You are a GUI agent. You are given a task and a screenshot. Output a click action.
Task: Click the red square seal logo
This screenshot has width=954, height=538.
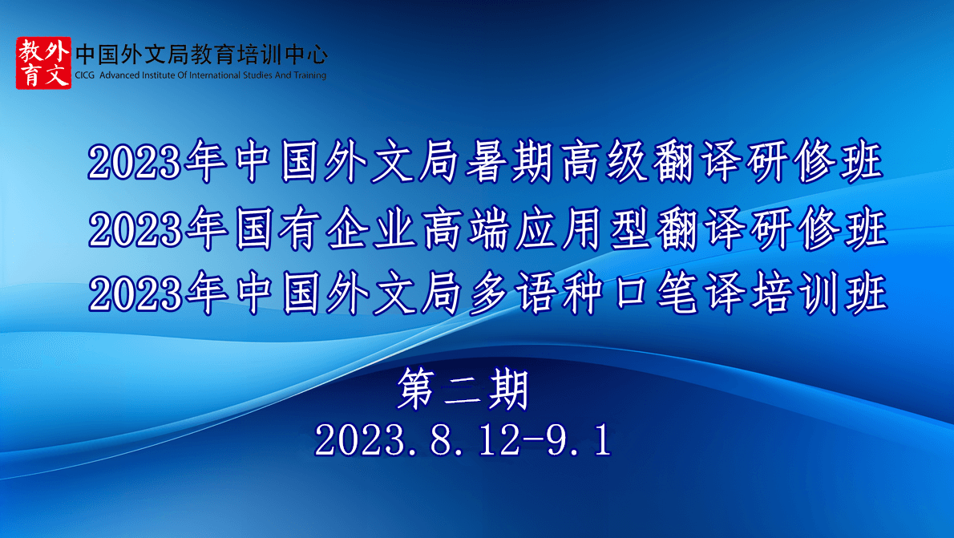[x=43, y=63]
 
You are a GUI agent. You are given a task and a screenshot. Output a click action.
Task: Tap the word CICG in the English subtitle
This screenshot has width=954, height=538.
[x=84, y=75]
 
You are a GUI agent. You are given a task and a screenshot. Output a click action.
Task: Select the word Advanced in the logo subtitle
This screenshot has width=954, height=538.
[x=119, y=75]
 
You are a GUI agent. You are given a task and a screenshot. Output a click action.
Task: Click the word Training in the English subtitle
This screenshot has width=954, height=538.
[x=310, y=76]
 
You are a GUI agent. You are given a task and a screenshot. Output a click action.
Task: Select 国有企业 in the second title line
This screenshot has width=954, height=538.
[x=325, y=229]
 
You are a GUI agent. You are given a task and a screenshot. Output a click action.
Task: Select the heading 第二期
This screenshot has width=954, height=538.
[x=463, y=390]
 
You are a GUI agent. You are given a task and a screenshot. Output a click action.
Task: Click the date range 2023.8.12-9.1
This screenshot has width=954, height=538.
[x=463, y=440]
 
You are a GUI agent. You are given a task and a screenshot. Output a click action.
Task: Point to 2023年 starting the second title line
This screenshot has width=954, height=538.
[x=158, y=229]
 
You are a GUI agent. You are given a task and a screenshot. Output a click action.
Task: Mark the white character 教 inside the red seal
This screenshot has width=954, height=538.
[x=30, y=51]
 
